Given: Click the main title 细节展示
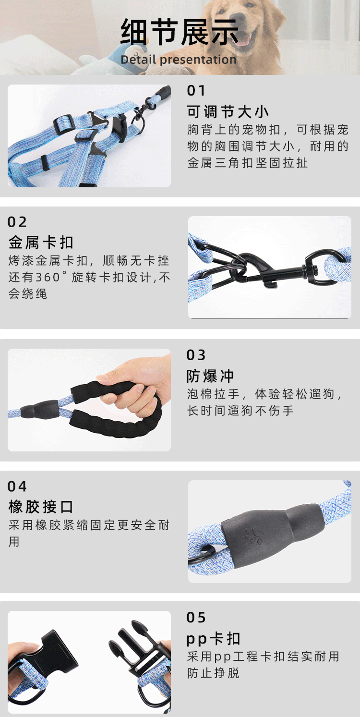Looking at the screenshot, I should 179,33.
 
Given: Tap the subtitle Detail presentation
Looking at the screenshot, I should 179,60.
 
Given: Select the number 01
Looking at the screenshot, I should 196,91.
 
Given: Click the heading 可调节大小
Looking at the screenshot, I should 228,112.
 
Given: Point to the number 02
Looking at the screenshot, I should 17,222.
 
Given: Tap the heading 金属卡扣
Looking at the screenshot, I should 41,243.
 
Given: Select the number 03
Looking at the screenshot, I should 196,355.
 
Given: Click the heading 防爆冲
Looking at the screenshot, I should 210,376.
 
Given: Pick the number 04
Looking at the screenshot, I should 17,486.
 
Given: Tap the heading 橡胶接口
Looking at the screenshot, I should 41,507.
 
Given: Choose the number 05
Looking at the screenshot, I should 196,618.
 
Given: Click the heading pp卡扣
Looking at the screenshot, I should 213,639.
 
